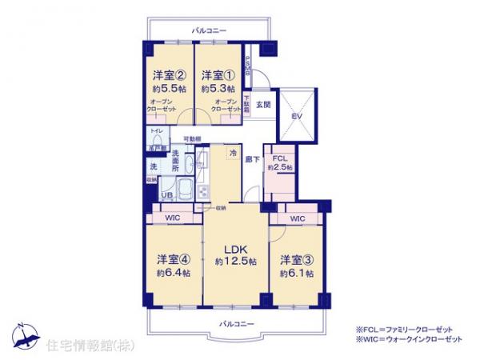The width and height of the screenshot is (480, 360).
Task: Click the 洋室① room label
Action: [x=218, y=75]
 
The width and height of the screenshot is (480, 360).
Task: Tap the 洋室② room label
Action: [x=170, y=75]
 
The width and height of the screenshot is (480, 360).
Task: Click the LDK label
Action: [x=235, y=247]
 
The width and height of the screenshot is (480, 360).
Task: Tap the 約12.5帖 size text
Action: [x=235, y=262]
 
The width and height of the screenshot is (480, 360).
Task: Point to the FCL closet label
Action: [x=280, y=158]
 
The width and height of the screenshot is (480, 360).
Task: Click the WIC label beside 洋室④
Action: [x=173, y=218]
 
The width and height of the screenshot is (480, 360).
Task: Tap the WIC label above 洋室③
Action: [x=298, y=218]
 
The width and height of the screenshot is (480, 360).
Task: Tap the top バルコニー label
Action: [x=210, y=30]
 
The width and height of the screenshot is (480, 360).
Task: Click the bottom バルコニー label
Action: [x=236, y=322]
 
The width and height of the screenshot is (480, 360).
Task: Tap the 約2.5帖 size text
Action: [x=280, y=167]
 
